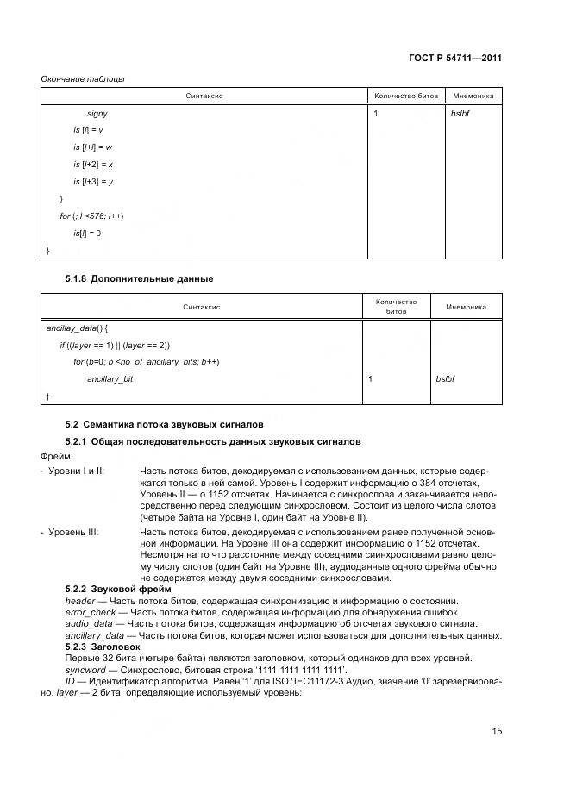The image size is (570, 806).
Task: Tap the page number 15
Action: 497,731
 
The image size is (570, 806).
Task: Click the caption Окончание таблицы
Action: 82,79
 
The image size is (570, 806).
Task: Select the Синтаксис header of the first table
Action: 204,96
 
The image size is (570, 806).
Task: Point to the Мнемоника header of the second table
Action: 466,307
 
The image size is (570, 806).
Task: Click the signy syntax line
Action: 97,113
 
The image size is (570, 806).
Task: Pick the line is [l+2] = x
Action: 93,164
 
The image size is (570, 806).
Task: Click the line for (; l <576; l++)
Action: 91,216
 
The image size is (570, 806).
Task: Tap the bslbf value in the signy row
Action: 458,113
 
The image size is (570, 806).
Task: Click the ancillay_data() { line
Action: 76,328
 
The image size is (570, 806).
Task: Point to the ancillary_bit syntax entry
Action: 110,378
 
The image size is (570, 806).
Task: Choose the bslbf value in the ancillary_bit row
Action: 445,378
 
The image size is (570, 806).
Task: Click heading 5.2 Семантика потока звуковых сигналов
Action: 165,424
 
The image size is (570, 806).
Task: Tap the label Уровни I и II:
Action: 76,472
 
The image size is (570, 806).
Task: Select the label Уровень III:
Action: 73,533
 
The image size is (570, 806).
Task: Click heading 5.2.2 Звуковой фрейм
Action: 116,588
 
